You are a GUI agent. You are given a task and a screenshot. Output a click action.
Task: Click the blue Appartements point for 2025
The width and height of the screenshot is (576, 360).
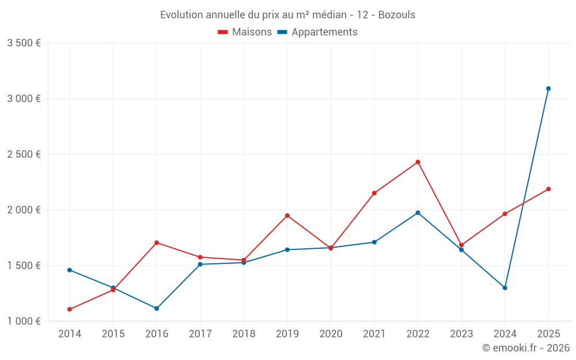pos(548,89)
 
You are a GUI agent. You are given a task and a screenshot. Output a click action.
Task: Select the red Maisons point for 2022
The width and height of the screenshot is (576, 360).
pos(418,162)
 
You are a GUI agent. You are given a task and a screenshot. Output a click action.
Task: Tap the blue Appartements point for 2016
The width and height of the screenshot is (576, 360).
pos(157,309)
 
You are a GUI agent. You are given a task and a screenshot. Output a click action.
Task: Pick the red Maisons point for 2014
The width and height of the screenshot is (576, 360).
pos(70,309)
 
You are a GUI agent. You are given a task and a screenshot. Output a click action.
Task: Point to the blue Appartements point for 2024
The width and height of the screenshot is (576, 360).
pos(505,288)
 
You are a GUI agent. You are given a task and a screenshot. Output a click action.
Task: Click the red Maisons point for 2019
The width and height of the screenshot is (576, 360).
pos(287,215)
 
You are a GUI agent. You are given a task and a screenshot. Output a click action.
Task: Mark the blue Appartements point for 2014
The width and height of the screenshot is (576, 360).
pos(70,270)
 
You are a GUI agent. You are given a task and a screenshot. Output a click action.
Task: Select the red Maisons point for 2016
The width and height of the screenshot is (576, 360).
pos(157,242)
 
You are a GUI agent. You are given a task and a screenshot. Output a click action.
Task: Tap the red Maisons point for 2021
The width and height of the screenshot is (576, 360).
pos(374,193)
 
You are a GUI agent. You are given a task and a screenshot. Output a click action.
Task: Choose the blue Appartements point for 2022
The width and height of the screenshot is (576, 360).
pos(418,213)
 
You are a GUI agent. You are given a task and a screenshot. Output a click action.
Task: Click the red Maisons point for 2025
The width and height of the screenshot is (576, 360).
pos(548,189)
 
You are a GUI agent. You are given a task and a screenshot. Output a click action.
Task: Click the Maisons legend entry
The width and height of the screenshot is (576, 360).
pos(245,32)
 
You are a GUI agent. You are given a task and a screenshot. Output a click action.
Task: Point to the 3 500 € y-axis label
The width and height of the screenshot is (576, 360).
pos(24,43)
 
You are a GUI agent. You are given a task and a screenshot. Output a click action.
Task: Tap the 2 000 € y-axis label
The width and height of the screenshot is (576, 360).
pos(24,210)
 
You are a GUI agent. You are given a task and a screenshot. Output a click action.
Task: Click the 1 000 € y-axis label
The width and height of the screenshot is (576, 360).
pos(24,321)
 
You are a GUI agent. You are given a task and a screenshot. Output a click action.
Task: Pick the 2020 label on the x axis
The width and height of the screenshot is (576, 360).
pos(331,334)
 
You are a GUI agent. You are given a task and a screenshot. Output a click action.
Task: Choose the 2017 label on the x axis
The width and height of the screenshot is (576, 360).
pos(200,334)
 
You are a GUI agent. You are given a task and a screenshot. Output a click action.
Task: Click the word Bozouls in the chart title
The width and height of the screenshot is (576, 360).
pos(396,15)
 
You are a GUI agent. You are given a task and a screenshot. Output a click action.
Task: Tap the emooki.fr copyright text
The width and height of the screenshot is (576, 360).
pos(525,348)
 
